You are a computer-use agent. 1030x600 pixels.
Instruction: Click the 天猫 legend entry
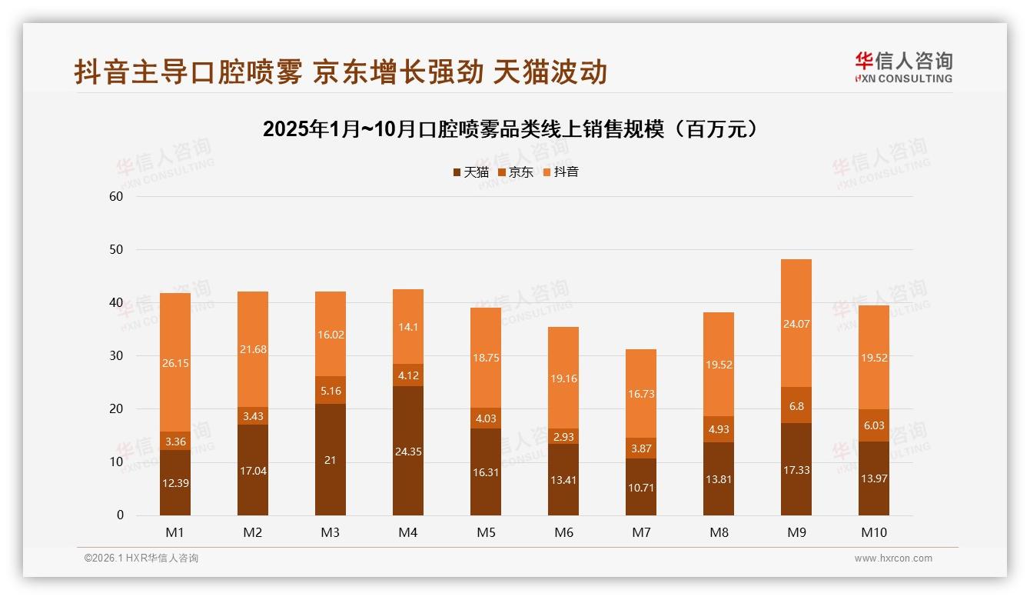tap(471, 172)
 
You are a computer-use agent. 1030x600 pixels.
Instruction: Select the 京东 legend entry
tap(516, 172)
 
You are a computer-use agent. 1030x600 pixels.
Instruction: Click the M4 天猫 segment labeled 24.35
tap(408, 451)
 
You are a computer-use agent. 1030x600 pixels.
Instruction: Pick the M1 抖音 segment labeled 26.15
tap(175, 362)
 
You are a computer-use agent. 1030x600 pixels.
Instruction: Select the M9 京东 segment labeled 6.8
tap(796, 405)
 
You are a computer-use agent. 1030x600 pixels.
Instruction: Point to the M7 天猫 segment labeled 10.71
tap(641, 487)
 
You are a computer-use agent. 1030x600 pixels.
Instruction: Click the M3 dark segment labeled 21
tap(331, 459)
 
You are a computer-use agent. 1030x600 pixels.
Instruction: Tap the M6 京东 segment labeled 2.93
tap(563, 436)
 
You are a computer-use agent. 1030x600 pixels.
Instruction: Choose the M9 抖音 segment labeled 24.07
tap(796, 323)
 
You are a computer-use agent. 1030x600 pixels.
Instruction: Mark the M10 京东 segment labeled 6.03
tap(874, 425)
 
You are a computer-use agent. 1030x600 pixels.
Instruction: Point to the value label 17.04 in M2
tap(253, 471)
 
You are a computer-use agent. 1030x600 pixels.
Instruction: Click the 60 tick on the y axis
tap(116, 196)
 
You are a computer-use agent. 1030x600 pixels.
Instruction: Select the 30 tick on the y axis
tap(116, 355)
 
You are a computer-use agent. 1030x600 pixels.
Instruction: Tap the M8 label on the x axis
tap(719, 532)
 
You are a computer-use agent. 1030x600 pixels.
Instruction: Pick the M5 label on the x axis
tap(486, 532)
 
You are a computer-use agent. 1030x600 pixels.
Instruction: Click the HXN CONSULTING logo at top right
tap(903, 68)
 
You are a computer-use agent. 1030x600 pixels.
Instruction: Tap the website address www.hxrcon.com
tap(893, 558)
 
